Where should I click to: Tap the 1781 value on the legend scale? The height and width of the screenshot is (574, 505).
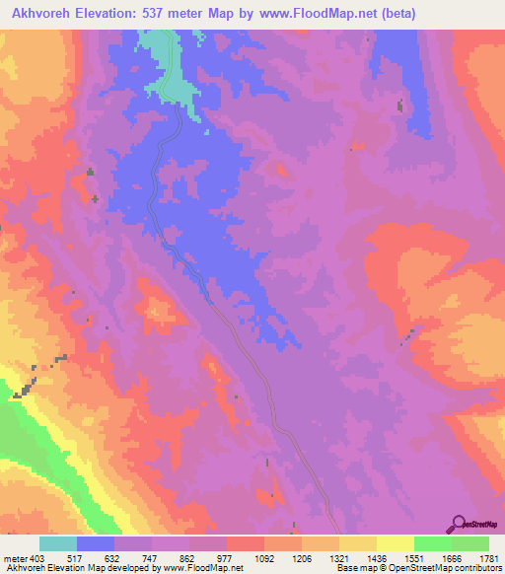click(488, 557)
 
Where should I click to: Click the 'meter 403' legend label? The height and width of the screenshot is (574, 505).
click(20, 557)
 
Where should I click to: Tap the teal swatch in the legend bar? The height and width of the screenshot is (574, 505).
click(58, 543)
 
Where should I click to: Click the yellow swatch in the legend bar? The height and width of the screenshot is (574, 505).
click(395, 543)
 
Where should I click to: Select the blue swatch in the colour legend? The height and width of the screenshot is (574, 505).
click(96, 543)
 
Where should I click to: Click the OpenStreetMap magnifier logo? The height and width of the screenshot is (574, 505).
click(460, 523)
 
